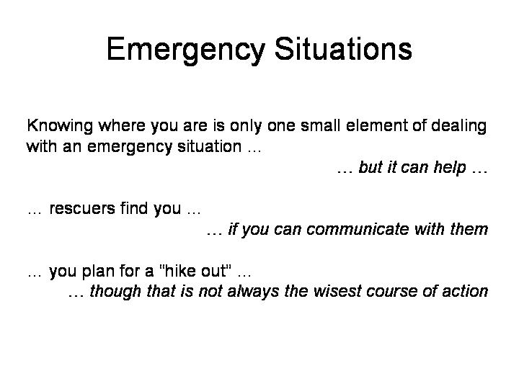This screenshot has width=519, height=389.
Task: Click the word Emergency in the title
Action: (186, 50)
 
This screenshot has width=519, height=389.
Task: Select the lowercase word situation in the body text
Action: (209, 146)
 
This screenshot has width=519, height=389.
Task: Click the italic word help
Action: (450, 168)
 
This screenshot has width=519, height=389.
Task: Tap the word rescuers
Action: (82, 209)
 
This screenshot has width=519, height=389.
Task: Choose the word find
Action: (134, 208)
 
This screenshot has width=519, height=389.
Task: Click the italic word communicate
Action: (358, 229)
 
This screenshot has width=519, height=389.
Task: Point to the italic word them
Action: (469, 229)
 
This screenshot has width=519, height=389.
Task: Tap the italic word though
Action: (115, 292)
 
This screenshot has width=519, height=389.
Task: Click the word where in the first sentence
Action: (122, 125)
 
